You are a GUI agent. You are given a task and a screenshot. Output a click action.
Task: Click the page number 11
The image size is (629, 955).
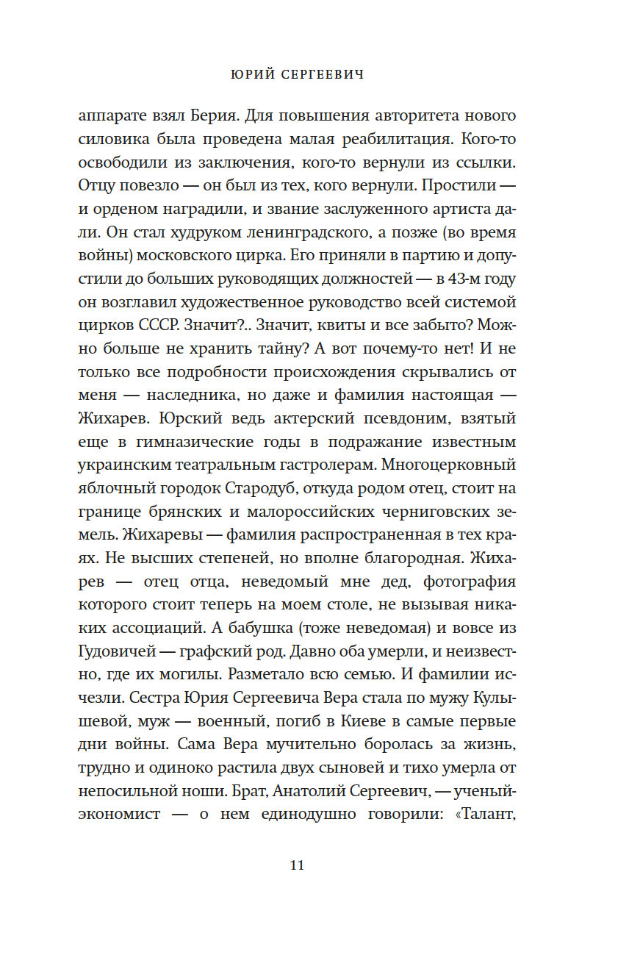tap(296, 865)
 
